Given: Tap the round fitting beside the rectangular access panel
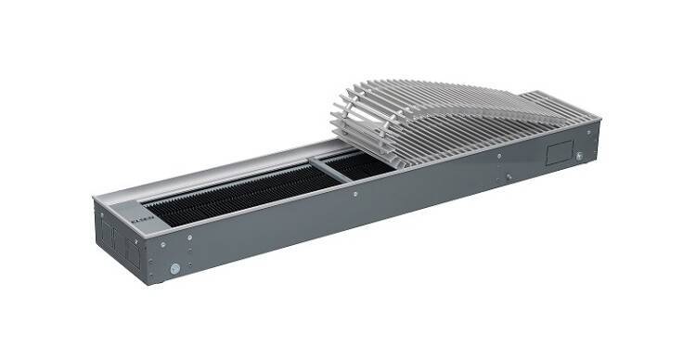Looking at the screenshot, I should tap(580, 156).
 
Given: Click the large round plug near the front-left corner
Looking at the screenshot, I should tap(174, 268).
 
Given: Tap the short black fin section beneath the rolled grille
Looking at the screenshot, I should tap(357, 165).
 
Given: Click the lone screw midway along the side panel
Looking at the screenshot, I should tap(354, 194).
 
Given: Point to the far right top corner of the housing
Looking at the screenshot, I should tap(599, 118).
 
